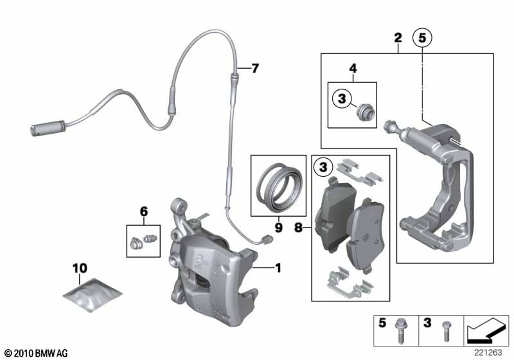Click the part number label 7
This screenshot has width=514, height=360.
pyautogui.click(x=255, y=68)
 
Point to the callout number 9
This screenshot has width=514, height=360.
pyautogui.click(x=278, y=226)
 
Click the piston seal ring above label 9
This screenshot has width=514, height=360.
pyautogui.click(x=277, y=186)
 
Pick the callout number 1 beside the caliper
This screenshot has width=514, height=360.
pyautogui.click(x=278, y=265)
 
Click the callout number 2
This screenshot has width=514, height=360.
pyautogui.click(x=398, y=38)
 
